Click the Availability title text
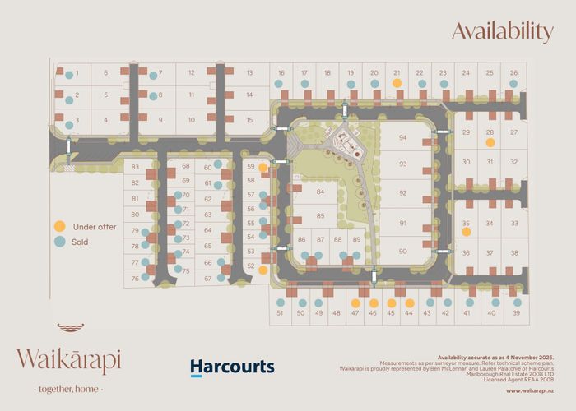pos(502,32)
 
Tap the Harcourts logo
pos(232,367)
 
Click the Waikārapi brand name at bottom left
pos(68,360)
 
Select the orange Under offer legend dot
pos(60,226)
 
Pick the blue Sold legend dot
pos(60,242)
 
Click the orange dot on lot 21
pos(397,83)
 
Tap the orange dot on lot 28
pos(490,142)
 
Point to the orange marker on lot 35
pos(467,233)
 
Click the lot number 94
pos(403,138)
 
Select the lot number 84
pos(320,192)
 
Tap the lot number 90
pos(403,251)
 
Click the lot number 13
pos(249,73)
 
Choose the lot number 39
pos(517,313)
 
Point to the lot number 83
pos(135,167)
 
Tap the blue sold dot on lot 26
pos(514,83)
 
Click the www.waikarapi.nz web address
pos(528,391)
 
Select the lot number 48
pos(336,313)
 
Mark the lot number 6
pos(105,73)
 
